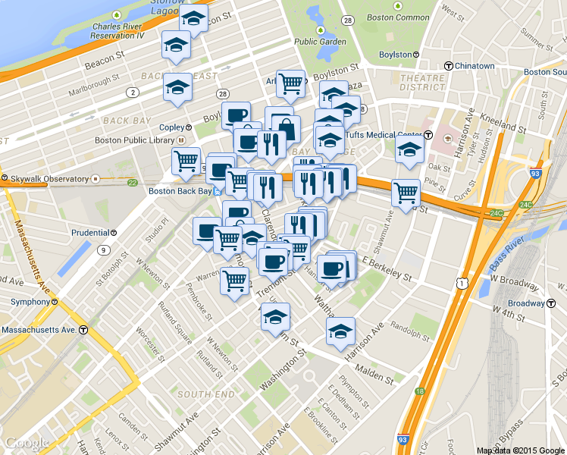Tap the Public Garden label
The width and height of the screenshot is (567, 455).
click(320, 42)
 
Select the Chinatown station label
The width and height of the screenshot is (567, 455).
click(475, 66)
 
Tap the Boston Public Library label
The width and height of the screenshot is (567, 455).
click(135, 140)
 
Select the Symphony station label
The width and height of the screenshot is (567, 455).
click(30, 302)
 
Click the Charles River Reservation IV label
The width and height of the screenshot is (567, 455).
click(122, 30)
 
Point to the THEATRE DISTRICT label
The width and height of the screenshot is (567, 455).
click(422, 83)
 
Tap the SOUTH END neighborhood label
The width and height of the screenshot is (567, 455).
click(206, 394)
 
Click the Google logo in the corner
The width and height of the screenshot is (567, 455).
click(27, 443)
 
